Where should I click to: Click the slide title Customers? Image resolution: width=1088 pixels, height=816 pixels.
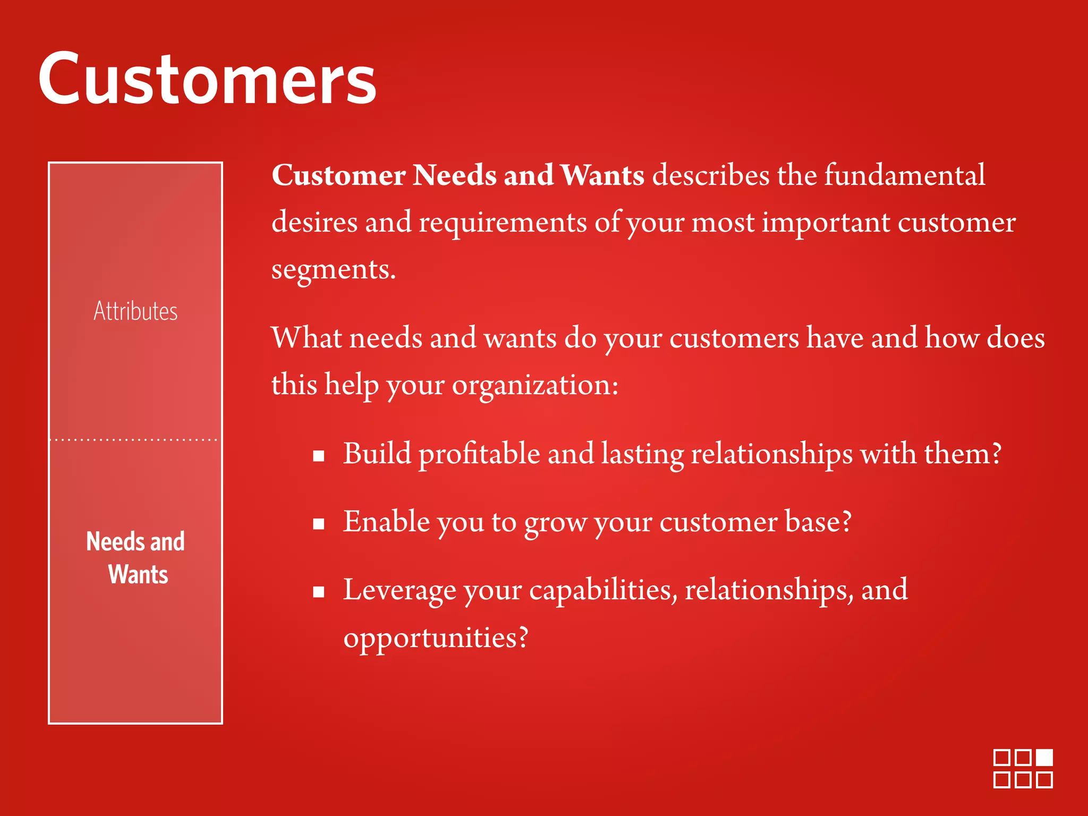(x=207, y=80)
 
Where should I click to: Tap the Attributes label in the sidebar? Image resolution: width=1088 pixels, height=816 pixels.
(x=135, y=311)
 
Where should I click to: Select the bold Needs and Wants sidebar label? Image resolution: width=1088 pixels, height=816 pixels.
(x=136, y=558)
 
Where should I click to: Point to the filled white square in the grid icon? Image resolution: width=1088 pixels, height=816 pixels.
(x=1044, y=758)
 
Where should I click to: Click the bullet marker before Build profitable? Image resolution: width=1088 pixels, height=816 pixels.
(x=319, y=456)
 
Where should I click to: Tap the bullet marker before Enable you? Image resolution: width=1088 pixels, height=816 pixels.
(x=319, y=524)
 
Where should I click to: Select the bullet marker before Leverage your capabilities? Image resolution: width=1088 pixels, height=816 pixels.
(x=319, y=592)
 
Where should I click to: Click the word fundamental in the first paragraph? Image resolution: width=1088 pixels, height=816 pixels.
(x=904, y=175)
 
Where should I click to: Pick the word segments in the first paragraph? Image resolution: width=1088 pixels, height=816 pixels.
(x=333, y=270)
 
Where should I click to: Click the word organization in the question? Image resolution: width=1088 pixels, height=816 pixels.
(x=531, y=385)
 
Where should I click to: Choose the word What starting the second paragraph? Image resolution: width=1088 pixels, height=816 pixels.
(x=307, y=338)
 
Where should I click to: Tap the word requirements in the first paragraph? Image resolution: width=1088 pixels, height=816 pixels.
(x=503, y=223)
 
